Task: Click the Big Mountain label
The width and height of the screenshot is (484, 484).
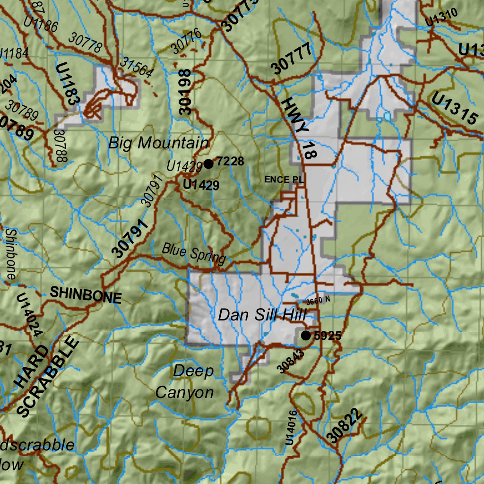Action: coord(158,143)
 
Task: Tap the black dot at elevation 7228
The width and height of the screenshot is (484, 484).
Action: coord(208,164)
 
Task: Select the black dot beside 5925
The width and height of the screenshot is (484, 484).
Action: coord(306,336)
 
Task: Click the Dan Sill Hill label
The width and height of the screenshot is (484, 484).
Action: coord(262,315)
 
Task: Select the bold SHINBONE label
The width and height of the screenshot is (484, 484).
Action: coord(86,295)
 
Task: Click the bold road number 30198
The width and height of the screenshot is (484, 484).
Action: coord(186,92)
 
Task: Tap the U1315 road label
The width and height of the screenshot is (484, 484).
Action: coord(454,108)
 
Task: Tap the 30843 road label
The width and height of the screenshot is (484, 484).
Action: coord(290,362)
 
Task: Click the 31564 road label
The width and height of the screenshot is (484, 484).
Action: coord(137,67)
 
